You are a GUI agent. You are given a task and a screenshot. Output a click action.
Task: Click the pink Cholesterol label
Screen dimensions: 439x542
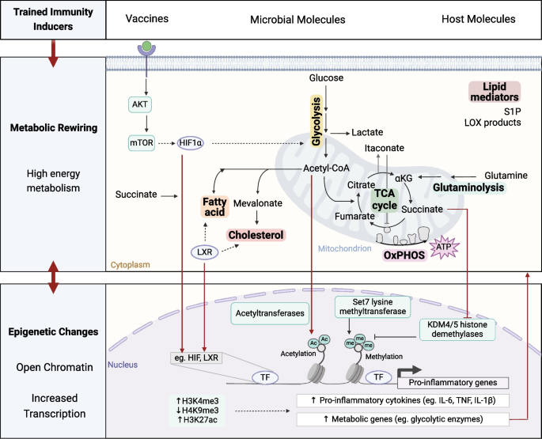coord(256,235)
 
